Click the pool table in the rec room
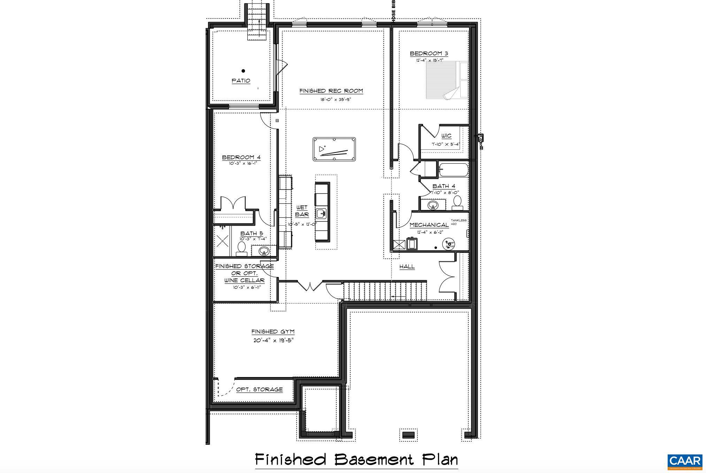(x=334, y=149)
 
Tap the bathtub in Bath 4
(x=453, y=170)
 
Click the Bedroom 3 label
(x=429, y=54)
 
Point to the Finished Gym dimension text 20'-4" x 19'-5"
(x=273, y=340)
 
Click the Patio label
(x=241, y=81)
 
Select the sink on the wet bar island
(x=321, y=213)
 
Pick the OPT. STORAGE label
(x=259, y=389)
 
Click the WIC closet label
(x=446, y=136)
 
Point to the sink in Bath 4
(x=433, y=205)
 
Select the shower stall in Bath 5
(x=222, y=241)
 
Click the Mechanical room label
(x=429, y=225)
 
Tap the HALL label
(x=407, y=266)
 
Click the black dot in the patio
(x=243, y=71)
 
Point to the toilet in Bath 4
(x=457, y=203)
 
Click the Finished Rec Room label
(x=331, y=91)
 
